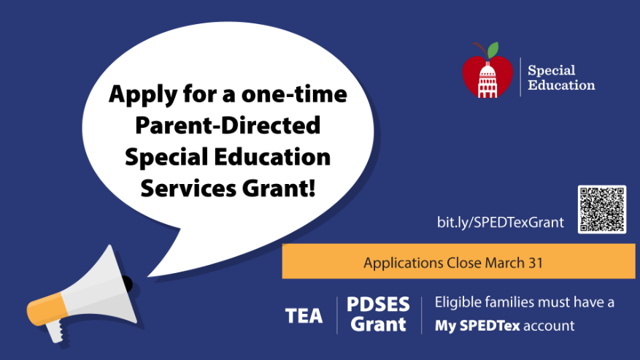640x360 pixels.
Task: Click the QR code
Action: pos(601,210)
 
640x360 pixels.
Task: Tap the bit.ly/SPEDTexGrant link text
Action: pos(501,222)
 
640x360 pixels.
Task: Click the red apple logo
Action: pos(487,71)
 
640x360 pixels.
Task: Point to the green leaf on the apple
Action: pos(493,50)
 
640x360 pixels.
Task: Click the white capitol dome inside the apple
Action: pos(487,80)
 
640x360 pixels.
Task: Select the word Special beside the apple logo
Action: pos(552,70)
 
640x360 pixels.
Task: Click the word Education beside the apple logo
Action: pos(561,85)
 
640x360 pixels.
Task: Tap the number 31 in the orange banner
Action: pos(536,263)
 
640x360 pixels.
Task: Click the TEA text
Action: pos(304,315)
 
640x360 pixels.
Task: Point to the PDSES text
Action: pos(378,305)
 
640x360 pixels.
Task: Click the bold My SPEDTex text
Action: pos(477,326)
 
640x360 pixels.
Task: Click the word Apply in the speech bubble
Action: pos(143,95)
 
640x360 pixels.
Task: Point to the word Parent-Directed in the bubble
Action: pos(228,125)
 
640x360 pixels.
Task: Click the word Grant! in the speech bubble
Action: pos(279,188)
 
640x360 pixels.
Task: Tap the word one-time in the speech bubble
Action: pos(294,94)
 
